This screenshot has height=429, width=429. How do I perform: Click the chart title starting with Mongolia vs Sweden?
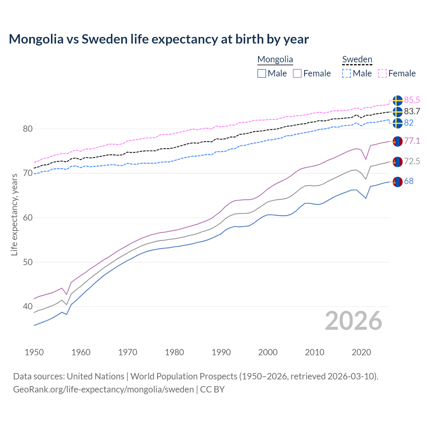pyautogui.click(x=159, y=39)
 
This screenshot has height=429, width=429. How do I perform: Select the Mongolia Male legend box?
pyautogui.click(x=262, y=73)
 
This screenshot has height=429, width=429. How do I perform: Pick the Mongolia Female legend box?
pyautogui.click(x=297, y=73)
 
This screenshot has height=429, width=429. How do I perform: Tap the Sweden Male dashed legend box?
pyautogui.click(x=347, y=73)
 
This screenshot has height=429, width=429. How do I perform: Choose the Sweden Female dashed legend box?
pyautogui.click(x=382, y=73)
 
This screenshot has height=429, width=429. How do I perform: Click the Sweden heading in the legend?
pyautogui.click(x=357, y=59)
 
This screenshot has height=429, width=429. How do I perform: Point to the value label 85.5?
pyautogui.click(x=412, y=100)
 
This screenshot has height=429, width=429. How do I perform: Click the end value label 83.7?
pyautogui.click(x=412, y=111)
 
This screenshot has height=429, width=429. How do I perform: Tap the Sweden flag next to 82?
pyautogui.click(x=397, y=123)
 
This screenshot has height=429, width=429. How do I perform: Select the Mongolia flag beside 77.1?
pyautogui.click(x=397, y=141)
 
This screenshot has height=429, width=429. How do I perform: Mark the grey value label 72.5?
pyautogui.click(x=412, y=161)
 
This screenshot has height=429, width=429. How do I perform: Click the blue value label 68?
pyautogui.click(x=409, y=181)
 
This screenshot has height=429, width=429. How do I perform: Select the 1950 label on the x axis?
pyautogui.click(x=34, y=352)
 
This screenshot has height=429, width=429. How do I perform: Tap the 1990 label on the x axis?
pyautogui.click(x=221, y=352)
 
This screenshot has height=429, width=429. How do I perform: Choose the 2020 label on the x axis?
pyautogui.click(x=361, y=352)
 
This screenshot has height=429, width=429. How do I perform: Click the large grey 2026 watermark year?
pyautogui.click(x=353, y=321)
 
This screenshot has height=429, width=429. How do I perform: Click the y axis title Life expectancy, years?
pyautogui.click(x=14, y=214)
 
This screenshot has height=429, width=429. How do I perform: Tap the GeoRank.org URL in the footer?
pyautogui.click(x=103, y=389)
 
